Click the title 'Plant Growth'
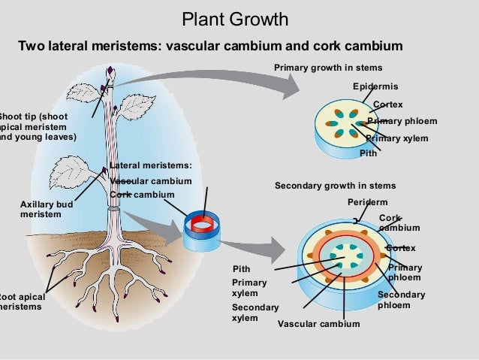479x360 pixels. point(234,19)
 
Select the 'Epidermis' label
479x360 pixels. point(375,86)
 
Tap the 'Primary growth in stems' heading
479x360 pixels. point(327,68)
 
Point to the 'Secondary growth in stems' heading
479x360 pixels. point(335,186)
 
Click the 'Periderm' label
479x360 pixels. point(367,203)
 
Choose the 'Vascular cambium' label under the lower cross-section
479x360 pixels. point(318,324)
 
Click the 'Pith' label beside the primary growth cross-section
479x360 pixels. point(368,153)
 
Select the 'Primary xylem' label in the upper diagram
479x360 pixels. point(396,138)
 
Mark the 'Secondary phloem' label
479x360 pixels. point(401,300)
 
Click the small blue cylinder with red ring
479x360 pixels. point(201,228)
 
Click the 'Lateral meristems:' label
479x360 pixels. point(151,166)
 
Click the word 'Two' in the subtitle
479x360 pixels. point(32,47)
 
